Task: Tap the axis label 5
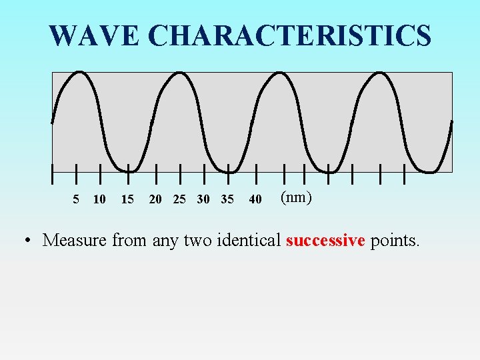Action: [x=76, y=199]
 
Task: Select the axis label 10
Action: [x=99, y=199]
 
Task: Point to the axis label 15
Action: [x=127, y=199]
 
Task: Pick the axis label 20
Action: [x=155, y=199]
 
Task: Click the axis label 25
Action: [x=179, y=199]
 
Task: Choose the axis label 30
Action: [x=203, y=199]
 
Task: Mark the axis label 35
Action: [x=227, y=199]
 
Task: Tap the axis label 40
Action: [x=255, y=199]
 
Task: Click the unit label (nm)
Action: [x=296, y=197]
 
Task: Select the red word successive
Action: [x=325, y=240]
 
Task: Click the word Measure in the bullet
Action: [x=75, y=240]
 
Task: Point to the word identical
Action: [x=250, y=240]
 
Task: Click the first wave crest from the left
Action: [x=80, y=72]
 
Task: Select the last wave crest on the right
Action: [x=380, y=72]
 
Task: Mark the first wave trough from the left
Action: [x=128, y=170]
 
